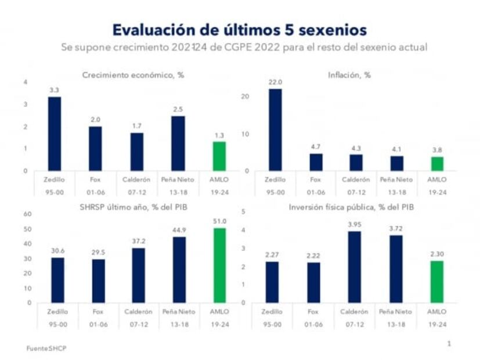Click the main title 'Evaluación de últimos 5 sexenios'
click(x=239, y=30)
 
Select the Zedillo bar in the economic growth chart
click(x=54, y=134)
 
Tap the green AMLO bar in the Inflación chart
click(x=437, y=164)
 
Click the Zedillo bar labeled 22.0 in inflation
click(x=275, y=129)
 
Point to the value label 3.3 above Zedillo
click(x=54, y=90)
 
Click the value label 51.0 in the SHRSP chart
click(x=219, y=221)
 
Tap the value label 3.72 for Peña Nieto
click(x=396, y=228)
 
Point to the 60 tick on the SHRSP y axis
click(x=27, y=214)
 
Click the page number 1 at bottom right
click(x=449, y=344)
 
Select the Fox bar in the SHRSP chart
click(x=99, y=280)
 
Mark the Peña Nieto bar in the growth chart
click(x=178, y=143)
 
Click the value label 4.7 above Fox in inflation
click(x=316, y=147)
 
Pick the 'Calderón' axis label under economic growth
click(x=137, y=180)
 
